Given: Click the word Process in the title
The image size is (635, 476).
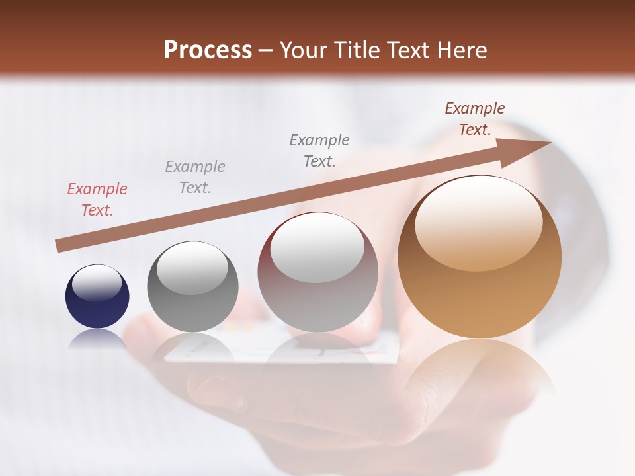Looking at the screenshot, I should [208, 50].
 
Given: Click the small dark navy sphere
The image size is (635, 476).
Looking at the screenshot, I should [97, 296].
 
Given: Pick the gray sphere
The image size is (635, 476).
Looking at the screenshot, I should [192, 286].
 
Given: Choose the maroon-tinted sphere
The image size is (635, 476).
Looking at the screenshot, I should [317, 272].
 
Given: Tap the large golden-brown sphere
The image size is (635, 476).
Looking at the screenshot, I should [480, 257].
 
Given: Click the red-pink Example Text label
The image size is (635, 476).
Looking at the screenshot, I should [97, 200].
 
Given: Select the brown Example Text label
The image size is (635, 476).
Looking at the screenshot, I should [475, 119].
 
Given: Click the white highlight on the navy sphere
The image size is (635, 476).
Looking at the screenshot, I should [97, 283].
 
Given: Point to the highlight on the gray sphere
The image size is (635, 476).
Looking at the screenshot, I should [192, 268].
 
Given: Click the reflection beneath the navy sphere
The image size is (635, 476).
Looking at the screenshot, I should [97, 338].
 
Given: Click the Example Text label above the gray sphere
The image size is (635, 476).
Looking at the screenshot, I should [195, 177].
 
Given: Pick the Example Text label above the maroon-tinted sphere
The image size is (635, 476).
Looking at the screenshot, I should [319, 151].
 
